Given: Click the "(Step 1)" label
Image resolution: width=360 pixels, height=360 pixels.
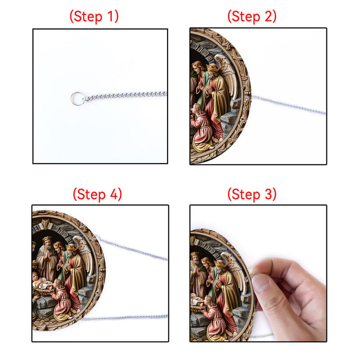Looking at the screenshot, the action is [x=94, y=16].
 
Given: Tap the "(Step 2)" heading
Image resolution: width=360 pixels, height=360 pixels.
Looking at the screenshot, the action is [x=252, y=16].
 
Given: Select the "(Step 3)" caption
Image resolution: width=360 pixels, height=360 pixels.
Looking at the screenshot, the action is [x=252, y=194].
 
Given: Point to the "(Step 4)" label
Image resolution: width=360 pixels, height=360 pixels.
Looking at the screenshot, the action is [x=97, y=194].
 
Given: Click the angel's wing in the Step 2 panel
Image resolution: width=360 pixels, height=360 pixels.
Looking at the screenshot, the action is [x=227, y=73].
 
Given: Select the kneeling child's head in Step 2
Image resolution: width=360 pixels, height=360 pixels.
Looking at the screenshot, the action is [x=198, y=109].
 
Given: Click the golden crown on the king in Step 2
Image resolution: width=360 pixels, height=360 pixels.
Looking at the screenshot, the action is [x=213, y=67].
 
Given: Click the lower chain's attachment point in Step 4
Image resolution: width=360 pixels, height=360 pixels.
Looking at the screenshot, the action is [x=76, y=318].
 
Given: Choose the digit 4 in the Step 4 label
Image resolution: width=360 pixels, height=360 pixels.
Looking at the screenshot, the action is [x=114, y=194].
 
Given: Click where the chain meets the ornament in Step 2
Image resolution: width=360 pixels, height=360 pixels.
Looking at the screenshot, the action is [x=247, y=98].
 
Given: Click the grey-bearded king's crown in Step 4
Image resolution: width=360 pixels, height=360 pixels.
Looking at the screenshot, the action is [x=47, y=238].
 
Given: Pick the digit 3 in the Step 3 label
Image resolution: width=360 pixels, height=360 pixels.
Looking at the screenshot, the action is [x=268, y=194].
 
